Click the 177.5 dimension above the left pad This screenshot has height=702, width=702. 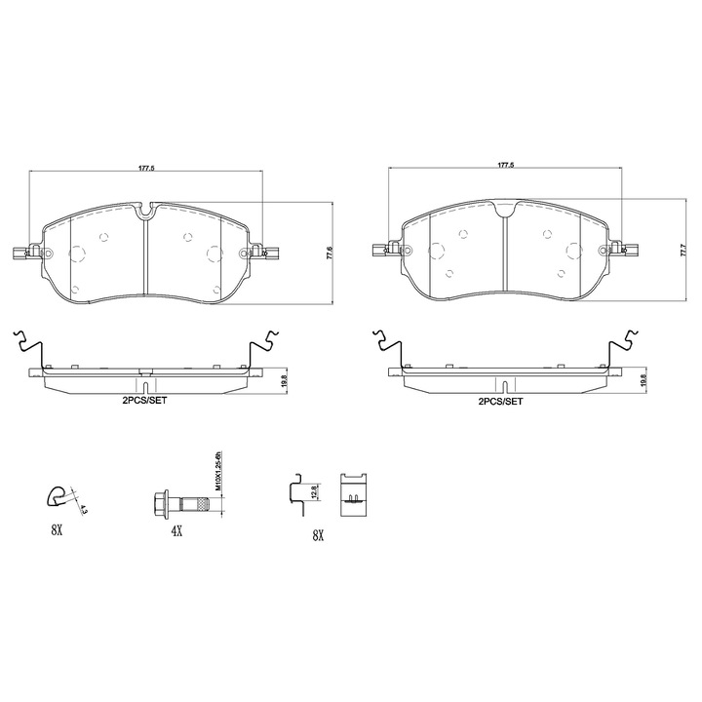(x=146, y=169)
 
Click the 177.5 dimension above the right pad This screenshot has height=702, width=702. (x=506, y=165)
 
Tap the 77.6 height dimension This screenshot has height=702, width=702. (x=330, y=253)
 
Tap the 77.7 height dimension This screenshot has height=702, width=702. (x=682, y=250)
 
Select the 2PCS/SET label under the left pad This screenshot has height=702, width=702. (x=144, y=401)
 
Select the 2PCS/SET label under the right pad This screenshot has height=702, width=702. (x=500, y=402)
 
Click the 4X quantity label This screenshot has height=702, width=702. (x=176, y=531)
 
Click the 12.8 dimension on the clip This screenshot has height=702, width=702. (x=314, y=491)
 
